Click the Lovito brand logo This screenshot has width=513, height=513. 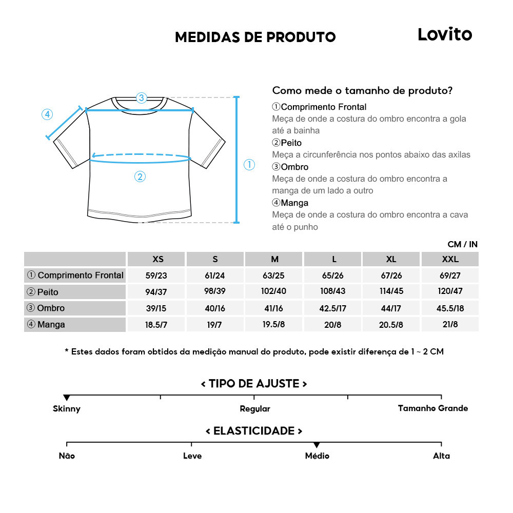tap(444, 34)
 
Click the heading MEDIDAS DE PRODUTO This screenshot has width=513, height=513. tap(255, 37)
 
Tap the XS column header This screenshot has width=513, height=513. tap(158, 259)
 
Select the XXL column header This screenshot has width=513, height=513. tap(450, 259)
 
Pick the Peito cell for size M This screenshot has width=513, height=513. tap(274, 291)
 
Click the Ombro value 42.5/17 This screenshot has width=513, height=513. tap(333, 308)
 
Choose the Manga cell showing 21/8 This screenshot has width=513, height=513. tap(450, 324)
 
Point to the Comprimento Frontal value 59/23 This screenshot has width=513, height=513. tap(156, 275)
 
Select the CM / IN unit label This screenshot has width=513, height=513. tap(462, 245)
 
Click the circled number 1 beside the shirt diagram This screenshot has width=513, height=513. tap(249, 165)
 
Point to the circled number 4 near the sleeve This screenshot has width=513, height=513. tap(47, 114)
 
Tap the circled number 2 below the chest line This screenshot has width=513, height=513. tap(140, 177)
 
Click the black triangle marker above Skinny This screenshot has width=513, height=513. tap(67, 398)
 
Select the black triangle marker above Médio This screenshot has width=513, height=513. tap(317, 445)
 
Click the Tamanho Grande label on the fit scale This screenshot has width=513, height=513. tap(433, 408)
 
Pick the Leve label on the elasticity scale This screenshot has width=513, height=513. tap(192, 456)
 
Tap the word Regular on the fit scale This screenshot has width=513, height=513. tap(255, 409)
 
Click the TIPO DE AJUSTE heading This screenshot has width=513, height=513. tap(254, 384)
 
